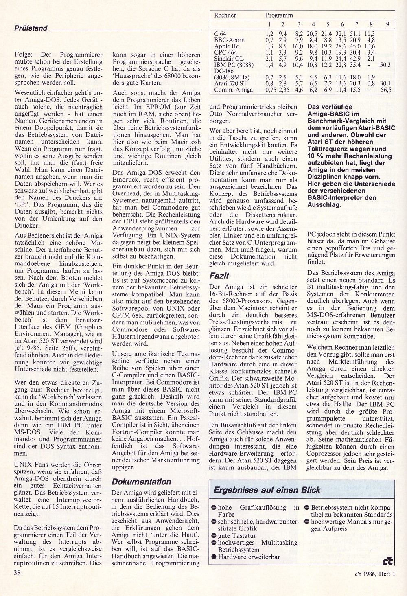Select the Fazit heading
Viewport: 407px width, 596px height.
click(x=219, y=276)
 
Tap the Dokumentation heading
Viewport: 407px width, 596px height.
click(x=141, y=482)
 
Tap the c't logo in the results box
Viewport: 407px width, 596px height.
click(x=387, y=561)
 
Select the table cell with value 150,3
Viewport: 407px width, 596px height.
click(x=384, y=65)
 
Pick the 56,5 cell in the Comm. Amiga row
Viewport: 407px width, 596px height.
click(x=385, y=90)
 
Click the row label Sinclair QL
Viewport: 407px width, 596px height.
click(x=229, y=59)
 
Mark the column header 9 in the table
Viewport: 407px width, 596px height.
click(x=387, y=24)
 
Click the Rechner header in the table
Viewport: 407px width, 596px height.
click(x=225, y=15)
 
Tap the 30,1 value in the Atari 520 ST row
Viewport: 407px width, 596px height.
click(x=385, y=83)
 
